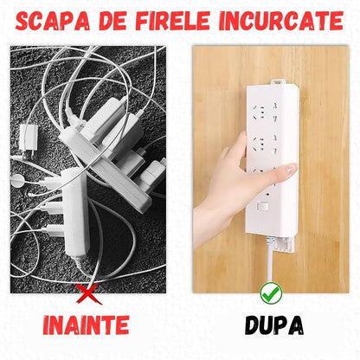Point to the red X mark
84,295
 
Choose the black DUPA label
273,326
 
